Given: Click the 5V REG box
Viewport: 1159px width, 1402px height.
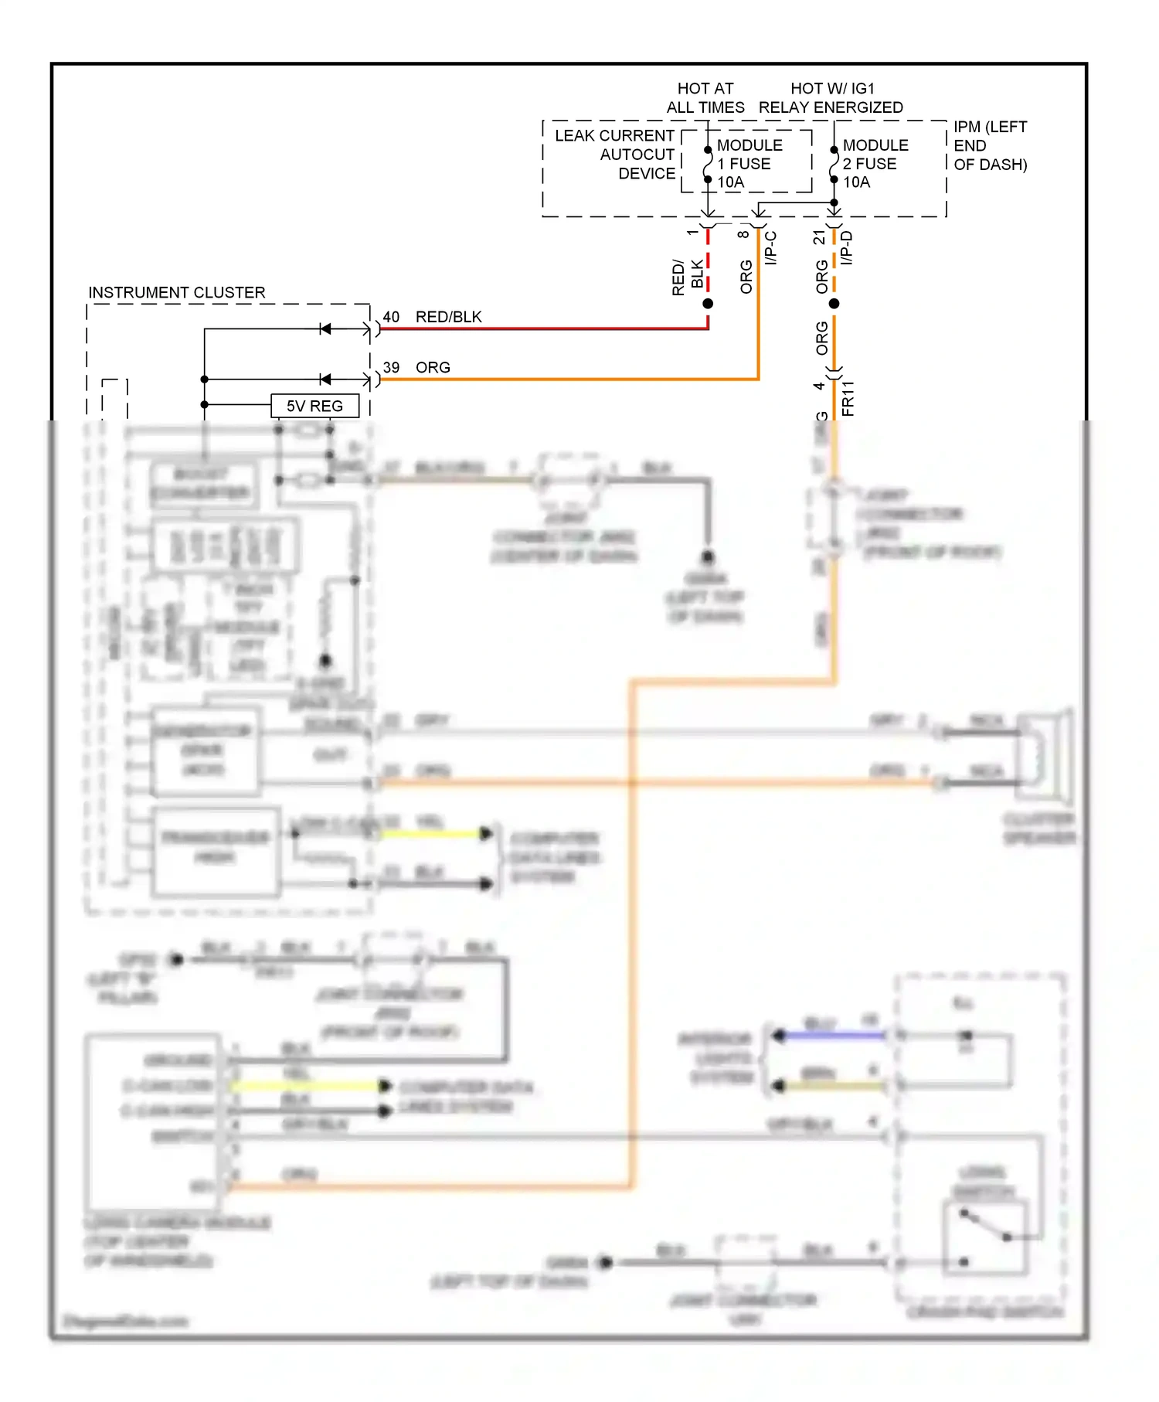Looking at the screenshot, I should [x=314, y=406].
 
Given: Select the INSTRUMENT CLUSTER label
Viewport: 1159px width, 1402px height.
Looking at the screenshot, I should [x=176, y=293].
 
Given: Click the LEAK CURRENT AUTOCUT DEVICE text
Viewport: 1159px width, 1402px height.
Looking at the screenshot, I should [x=614, y=155].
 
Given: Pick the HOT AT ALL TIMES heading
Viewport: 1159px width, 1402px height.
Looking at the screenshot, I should [x=705, y=98].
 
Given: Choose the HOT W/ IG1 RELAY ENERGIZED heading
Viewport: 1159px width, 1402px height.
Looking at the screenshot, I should [x=831, y=98].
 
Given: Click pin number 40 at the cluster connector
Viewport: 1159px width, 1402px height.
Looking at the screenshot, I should [x=391, y=317].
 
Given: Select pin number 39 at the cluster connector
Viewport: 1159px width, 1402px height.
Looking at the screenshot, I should [x=391, y=368].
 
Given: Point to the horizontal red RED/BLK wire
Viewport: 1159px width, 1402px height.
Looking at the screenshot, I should [x=541, y=328].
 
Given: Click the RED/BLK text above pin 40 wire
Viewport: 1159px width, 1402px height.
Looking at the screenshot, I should [x=448, y=317].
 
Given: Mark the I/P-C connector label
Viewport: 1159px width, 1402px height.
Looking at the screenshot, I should [x=770, y=248].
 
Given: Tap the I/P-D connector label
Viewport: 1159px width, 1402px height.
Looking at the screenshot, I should [x=846, y=248].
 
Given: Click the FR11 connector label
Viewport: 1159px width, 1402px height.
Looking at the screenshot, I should [x=848, y=398].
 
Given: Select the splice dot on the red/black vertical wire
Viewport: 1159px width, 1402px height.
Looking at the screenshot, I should [x=707, y=304].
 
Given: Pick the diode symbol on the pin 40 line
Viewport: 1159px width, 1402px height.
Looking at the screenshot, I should [x=325, y=329].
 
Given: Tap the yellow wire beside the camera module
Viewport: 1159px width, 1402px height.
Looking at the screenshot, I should [x=305, y=1086].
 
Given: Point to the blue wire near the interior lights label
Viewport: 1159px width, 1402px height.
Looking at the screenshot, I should [x=831, y=1035].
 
